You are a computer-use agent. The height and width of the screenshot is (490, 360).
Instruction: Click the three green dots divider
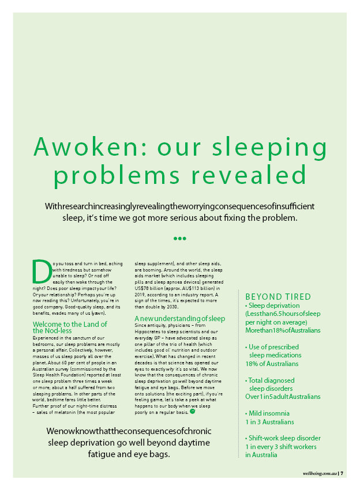pos(180,238)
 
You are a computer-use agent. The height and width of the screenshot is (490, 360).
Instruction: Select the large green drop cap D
pos(41,271)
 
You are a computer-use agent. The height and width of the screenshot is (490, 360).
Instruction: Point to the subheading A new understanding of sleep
pos(180,318)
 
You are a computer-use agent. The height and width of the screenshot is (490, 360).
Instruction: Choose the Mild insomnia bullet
pos(268,413)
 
